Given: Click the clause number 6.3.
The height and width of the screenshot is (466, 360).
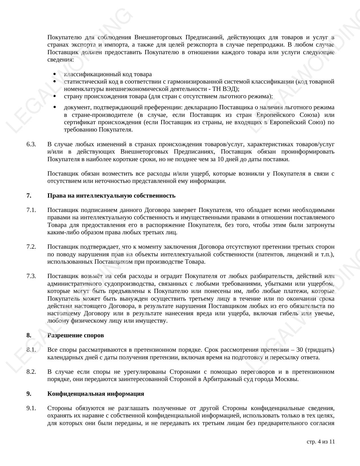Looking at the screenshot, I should pyautogui.click(x=31, y=145).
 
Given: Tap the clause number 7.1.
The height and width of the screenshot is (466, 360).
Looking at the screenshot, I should pyautogui.click(x=31, y=210).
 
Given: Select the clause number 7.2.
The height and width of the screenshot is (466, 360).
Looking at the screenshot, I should pyautogui.click(x=31, y=247).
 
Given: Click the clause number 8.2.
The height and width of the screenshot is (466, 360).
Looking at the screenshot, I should pyautogui.click(x=31, y=372).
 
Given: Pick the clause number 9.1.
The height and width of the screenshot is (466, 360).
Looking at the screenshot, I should pyautogui.click(x=31, y=408).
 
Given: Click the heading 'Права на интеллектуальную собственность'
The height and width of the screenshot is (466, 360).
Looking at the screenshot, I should pyautogui.click(x=111, y=196).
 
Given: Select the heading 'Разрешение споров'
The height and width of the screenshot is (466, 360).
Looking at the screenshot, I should pyautogui.click(x=76, y=335).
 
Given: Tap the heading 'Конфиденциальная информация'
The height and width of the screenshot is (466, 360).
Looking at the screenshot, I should pyautogui.click(x=96, y=394).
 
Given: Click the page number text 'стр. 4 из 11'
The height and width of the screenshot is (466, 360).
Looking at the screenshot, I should pyautogui.click(x=320, y=442).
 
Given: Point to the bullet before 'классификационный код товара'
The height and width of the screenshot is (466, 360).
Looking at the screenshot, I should pyautogui.click(x=54, y=74).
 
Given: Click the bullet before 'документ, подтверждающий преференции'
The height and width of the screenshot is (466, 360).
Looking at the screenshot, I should pyautogui.click(x=54, y=107).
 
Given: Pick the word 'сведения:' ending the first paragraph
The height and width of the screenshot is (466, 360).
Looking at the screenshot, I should pyautogui.click(x=61, y=60).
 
